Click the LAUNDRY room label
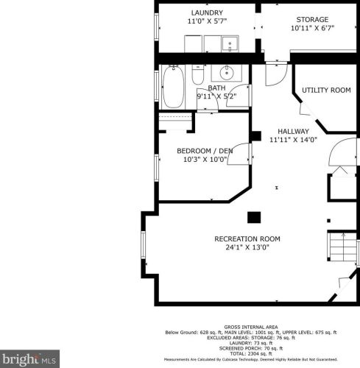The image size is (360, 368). pos(207,13)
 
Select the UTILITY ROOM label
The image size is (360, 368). pos(325,90)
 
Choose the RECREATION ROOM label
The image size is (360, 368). pos(247,238)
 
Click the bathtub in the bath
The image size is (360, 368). pos(174,87)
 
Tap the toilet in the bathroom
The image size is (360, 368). pos(198,74)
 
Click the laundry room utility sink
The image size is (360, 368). pos(230,45)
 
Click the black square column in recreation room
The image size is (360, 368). pos(253,217)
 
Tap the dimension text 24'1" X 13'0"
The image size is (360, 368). pos(247,248)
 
